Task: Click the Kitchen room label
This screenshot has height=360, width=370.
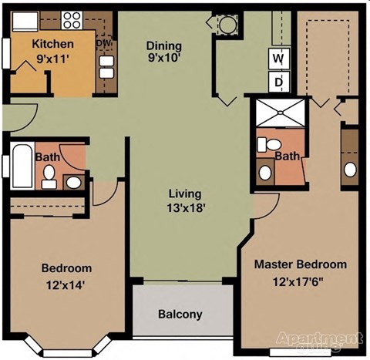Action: tap(52, 44)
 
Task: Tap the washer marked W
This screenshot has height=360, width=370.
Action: tap(277, 57)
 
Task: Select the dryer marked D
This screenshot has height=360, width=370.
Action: tap(277, 80)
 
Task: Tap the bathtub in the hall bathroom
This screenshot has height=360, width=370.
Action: tap(21, 167)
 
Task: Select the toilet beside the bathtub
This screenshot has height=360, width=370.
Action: tap(49, 179)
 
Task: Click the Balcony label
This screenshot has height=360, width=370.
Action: tap(180, 314)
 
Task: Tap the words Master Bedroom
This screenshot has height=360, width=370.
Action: tap(301, 264)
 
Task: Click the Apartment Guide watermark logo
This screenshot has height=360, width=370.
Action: tap(320, 341)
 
